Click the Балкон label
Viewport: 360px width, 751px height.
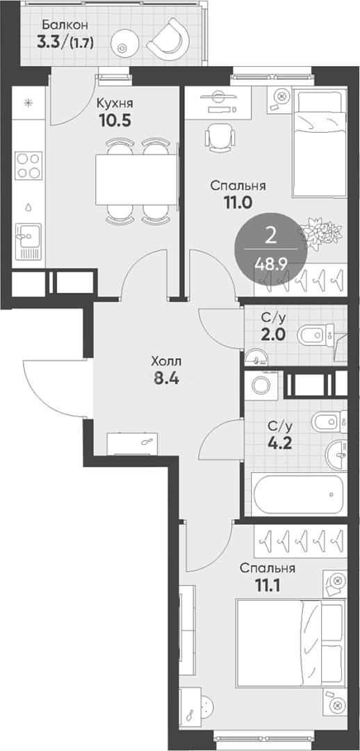tap(58, 24)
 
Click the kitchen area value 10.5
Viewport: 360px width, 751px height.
tap(114, 120)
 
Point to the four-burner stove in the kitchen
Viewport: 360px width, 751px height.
tap(28, 165)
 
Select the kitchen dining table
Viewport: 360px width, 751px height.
tap(136, 179)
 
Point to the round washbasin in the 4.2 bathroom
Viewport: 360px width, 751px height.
tap(338, 455)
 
